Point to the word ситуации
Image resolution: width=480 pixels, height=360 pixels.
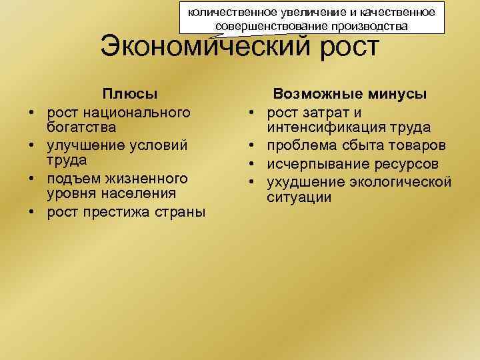299,197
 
